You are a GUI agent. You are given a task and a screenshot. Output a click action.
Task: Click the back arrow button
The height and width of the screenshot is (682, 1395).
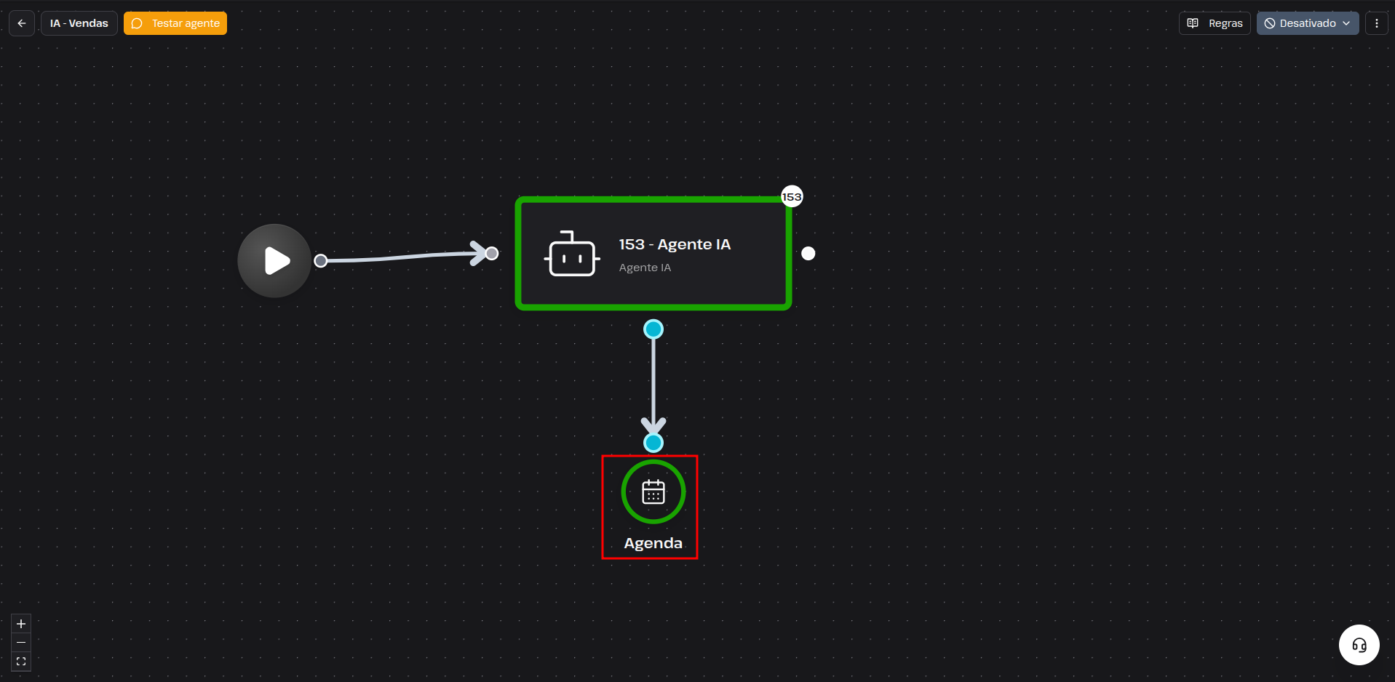tap(22, 23)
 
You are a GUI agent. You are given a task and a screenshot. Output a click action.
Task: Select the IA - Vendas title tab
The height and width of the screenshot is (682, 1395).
tap(79, 23)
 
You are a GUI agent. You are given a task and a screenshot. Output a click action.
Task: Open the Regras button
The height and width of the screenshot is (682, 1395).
tap(1215, 23)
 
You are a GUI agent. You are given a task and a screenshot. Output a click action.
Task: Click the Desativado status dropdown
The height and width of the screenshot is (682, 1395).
tap(1308, 23)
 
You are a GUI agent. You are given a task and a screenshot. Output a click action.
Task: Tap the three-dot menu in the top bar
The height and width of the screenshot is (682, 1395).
tap(1376, 23)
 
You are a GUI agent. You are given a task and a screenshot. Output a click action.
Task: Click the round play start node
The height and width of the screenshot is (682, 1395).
tap(274, 260)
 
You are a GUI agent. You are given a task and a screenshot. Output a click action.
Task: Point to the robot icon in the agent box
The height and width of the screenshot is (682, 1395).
tap(572, 254)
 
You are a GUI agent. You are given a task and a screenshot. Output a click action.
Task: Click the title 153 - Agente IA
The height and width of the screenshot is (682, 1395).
tap(675, 244)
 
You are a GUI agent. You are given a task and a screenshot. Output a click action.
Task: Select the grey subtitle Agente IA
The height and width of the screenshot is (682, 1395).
tap(645, 268)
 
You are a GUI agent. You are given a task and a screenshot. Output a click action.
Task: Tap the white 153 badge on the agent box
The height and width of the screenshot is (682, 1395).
tap(792, 196)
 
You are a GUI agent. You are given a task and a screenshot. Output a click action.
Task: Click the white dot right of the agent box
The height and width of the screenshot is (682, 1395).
tap(808, 253)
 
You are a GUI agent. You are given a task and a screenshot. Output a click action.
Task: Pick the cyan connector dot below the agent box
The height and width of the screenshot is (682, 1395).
tap(653, 329)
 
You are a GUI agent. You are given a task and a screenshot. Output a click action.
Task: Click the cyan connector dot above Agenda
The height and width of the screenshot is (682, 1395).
tap(653, 443)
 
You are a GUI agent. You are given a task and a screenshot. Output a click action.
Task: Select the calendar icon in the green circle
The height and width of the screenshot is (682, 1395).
tap(653, 492)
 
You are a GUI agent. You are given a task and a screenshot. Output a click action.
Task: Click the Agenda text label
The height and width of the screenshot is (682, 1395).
tap(653, 543)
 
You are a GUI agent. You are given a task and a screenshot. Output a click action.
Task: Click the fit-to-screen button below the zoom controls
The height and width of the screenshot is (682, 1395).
tap(21, 662)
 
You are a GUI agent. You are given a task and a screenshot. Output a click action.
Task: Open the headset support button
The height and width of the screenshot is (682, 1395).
tap(1359, 645)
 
